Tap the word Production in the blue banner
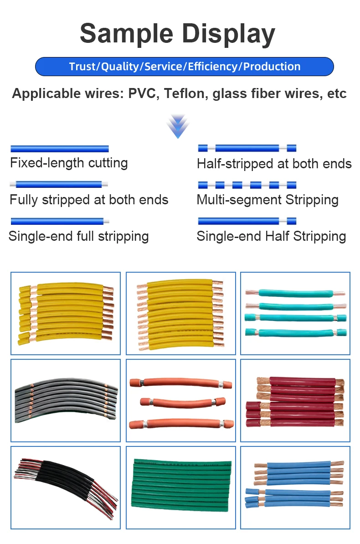tap(272, 67)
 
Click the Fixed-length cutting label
tap(69, 163)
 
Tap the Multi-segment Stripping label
tap(267, 200)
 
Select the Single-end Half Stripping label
tap(271, 236)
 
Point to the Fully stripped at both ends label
tap(89, 200)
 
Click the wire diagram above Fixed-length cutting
tap(60, 149)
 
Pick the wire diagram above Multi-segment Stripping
tap(247, 185)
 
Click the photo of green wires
tap(180, 487)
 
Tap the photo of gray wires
tap(66, 400)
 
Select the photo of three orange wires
tap(180, 400)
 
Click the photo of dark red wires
tap(295, 400)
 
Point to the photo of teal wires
tap(295, 313)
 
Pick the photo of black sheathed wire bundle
tap(66, 487)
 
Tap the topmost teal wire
tap(295, 294)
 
